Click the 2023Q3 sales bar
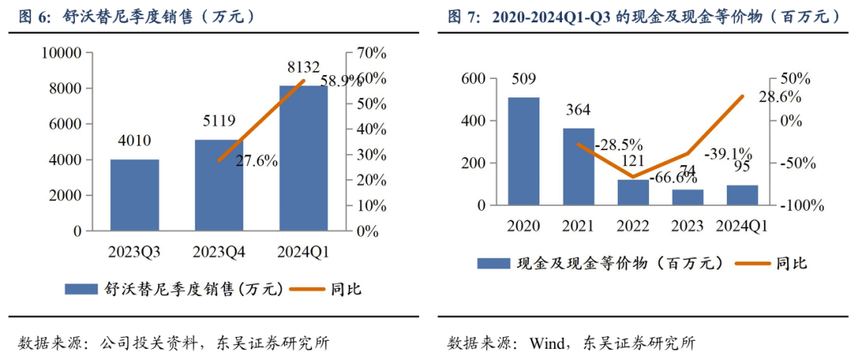coord(134,195)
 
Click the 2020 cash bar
coord(524,151)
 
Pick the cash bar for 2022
coord(633,192)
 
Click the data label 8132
coord(303,67)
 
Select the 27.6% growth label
coord(256,161)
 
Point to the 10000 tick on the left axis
coord(62,53)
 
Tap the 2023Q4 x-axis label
coord(219,252)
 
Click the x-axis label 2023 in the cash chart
coord(687,226)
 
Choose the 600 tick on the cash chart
coord(473,79)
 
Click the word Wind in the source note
coord(547,343)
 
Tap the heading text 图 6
coord(31,16)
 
